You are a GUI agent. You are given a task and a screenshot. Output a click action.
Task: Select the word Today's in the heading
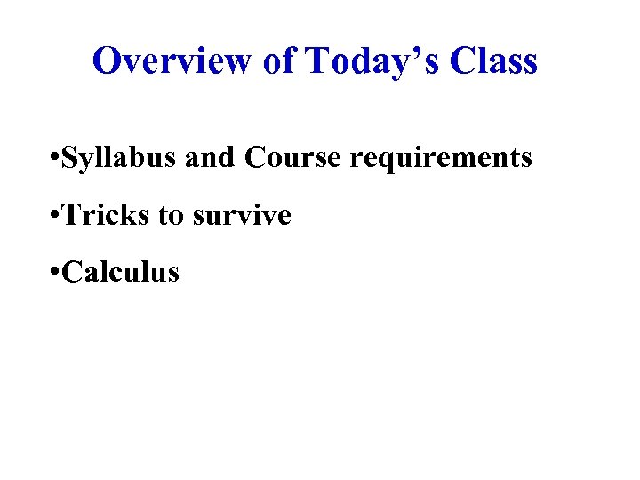[x=372, y=61]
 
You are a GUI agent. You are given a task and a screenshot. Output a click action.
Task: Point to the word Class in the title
[x=493, y=61]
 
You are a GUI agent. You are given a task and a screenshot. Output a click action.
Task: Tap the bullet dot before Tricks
[x=55, y=216]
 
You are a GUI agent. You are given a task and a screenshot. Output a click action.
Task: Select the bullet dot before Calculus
[x=55, y=273]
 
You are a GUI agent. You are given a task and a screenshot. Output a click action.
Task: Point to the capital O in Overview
[x=108, y=61]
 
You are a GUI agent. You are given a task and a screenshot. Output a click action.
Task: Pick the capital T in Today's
[x=316, y=61]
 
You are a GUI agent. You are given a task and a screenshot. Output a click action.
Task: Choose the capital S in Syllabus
[x=71, y=157]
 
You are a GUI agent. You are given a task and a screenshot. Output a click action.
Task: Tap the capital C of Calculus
[x=74, y=271]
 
